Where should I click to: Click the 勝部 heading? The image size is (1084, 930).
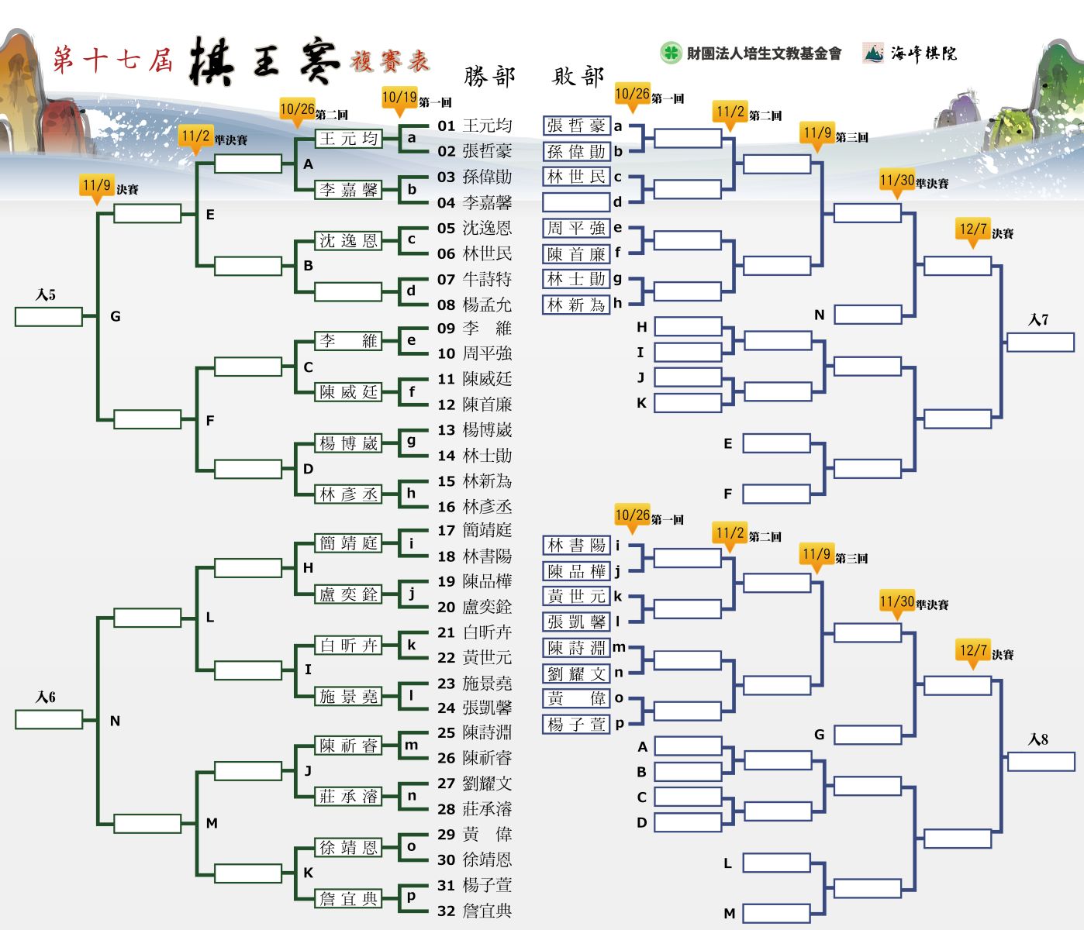489,77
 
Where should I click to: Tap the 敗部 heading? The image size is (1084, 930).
578,77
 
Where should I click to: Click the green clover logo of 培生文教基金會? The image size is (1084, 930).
670,53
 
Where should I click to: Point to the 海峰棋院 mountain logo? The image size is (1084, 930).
873,53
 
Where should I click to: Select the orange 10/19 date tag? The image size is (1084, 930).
399,100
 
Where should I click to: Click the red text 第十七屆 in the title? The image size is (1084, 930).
112,59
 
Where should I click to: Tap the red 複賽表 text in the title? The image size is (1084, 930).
390,60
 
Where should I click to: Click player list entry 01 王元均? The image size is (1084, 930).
475,126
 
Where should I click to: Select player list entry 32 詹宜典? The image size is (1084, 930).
475,911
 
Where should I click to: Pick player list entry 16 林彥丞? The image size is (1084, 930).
475,506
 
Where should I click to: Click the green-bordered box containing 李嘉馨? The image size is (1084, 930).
348,190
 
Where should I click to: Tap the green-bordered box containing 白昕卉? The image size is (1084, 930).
348,646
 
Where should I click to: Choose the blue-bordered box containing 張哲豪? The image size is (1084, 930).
576,126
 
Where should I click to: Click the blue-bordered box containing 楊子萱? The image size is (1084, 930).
576,725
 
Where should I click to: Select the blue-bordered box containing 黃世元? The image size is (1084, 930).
576,596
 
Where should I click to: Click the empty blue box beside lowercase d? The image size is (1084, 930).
576,201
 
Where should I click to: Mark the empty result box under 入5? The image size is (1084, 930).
49,317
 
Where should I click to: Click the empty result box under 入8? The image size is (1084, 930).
1041,762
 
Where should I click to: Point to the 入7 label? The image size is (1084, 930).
1038,319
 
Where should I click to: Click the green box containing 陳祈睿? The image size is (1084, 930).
348,746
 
